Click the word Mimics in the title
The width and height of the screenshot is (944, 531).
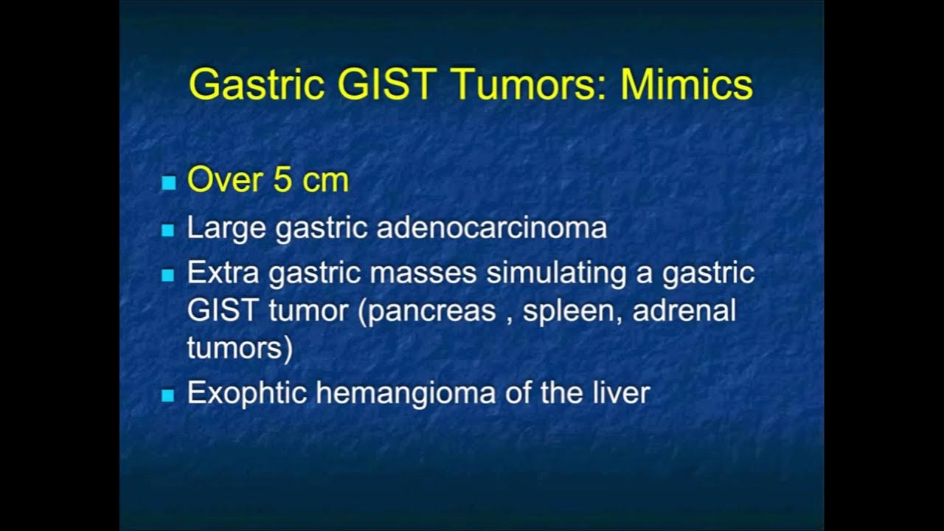[687, 85]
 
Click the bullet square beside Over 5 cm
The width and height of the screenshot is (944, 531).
[168, 183]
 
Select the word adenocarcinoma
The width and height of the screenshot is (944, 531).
[491, 228]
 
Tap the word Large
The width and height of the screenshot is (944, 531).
[226, 228]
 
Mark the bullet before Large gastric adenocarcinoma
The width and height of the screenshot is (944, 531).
[168, 231]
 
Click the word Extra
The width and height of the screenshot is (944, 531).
[223, 273]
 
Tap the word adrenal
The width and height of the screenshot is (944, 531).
[684, 310]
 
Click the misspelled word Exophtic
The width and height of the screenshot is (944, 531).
[246, 393]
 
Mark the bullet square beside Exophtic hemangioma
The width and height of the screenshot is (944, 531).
[168, 395]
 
